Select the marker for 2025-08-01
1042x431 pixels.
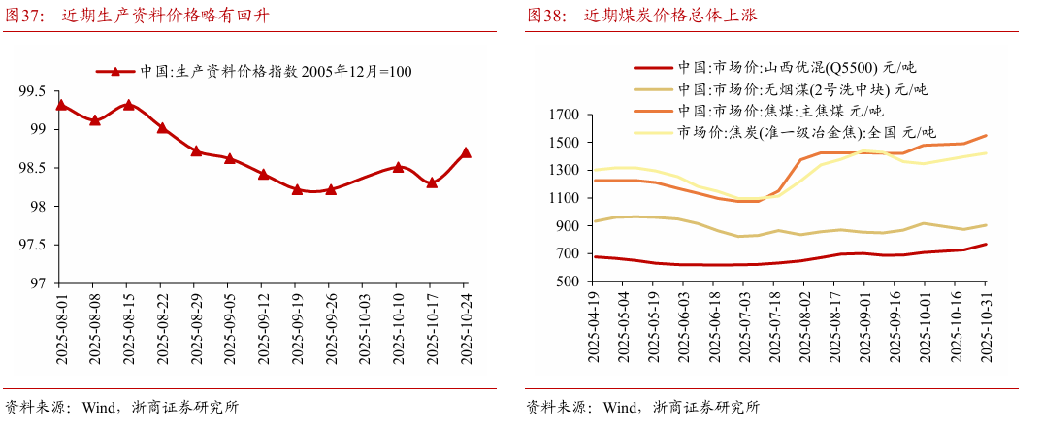61,105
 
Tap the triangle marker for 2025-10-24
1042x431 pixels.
466,152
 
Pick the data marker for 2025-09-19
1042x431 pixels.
297,190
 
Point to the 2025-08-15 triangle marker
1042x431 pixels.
129,105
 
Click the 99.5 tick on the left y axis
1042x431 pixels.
31,91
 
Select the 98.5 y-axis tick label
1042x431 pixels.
31,168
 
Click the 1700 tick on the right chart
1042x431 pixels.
566,115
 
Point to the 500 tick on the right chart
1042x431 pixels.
570,282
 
